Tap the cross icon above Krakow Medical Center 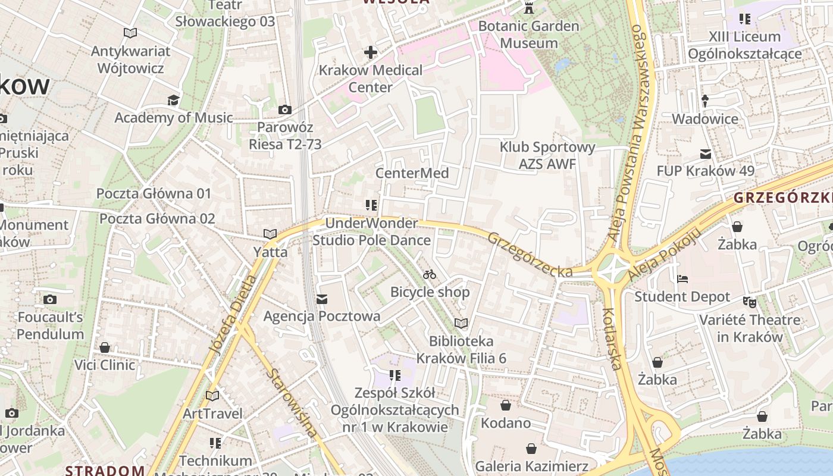(371, 52)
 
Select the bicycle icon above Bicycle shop (430, 274)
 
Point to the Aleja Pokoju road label (661, 255)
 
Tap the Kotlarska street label (612, 338)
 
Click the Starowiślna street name (291, 403)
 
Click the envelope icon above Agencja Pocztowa (322, 299)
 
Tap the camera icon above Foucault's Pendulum (50, 299)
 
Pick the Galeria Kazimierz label (531, 466)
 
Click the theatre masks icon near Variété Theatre (750, 302)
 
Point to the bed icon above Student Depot (682, 279)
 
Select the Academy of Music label (173, 118)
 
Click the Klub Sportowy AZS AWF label (547, 155)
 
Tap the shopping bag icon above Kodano (505, 406)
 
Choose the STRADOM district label (105, 470)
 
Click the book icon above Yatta (270, 234)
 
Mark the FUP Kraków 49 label (705, 171)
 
